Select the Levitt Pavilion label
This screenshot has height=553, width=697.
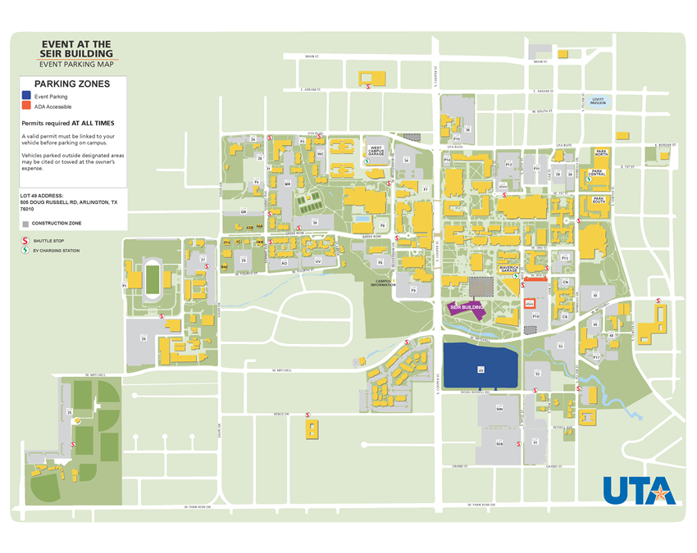click(x=599, y=102)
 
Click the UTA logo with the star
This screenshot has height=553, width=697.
click(x=639, y=490)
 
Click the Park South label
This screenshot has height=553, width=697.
click(x=599, y=199)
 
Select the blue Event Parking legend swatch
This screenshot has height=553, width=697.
click(x=26, y=97)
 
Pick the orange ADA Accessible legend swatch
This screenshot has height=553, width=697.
click(x=26, y=107)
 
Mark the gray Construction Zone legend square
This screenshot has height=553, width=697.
click(x=25, y=223)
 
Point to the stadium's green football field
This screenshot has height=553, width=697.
click(x=153, y=279)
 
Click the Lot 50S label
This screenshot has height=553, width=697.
click(x=499, y=443)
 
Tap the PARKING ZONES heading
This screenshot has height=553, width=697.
click(x=73, y=84)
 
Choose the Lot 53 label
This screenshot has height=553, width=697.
click(x=560, y=346)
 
